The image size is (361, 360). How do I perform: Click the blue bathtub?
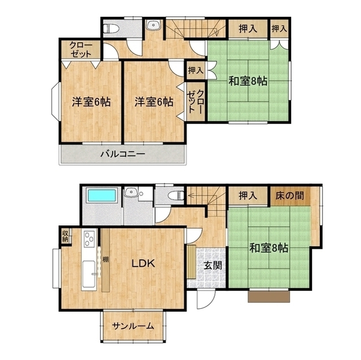[102, 195]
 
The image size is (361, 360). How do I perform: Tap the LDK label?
[143, 264]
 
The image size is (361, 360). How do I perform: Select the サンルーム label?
[133, 326]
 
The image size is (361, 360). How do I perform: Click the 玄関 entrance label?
[213, 265]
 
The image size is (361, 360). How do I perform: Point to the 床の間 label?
[289, 195]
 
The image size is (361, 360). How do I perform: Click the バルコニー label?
[123, 154]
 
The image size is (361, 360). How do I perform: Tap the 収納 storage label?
[65, 236]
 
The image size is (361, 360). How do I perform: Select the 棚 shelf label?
[105, 260]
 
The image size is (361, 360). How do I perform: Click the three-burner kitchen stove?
[89, 239]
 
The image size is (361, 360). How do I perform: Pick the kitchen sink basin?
[89, 274]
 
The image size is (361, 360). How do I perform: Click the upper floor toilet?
[111, 29]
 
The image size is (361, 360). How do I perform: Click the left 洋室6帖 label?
[91, 102]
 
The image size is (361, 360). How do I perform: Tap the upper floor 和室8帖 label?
[248, 81]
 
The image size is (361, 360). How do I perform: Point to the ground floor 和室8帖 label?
[269, 248]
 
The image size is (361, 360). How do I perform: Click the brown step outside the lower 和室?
[269, 296]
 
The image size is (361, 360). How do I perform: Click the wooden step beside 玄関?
[191, 262]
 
